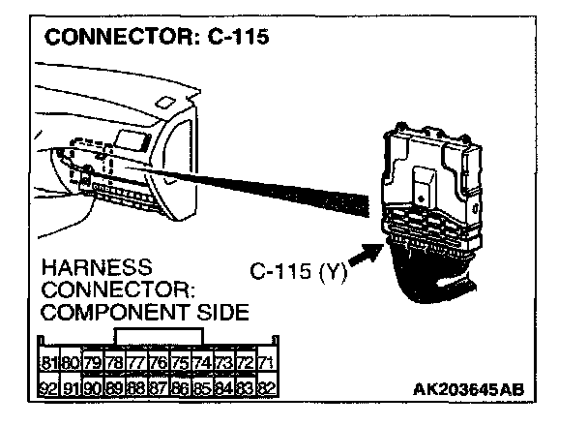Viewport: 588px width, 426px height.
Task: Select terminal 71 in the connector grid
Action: click(x=267, y=363)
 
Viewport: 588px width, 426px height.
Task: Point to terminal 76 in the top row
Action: click(x=158, y=363)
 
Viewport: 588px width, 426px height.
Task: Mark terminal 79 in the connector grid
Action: click(x=92, y=363)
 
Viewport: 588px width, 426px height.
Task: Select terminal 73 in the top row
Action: click(x=223, y=363)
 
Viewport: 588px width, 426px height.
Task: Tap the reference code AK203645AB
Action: click(x=468, y=390)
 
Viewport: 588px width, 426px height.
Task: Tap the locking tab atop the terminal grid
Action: click(x=158, y=336)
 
